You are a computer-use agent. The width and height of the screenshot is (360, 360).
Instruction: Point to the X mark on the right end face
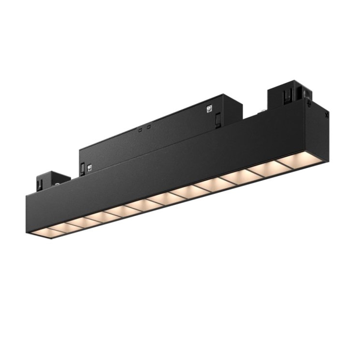[327, 115]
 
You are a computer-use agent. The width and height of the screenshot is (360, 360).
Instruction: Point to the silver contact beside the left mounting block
[57, 184]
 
